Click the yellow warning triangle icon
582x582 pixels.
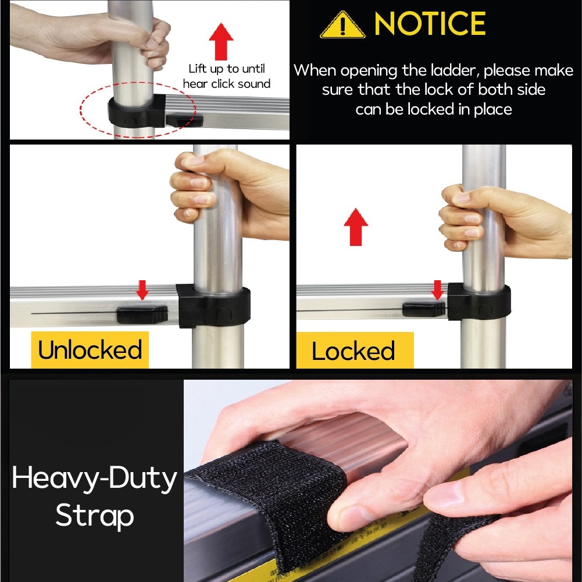tap(342, 25)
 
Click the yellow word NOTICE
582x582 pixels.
tap(430, 23)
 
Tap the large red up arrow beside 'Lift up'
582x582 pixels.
tap(221, 42)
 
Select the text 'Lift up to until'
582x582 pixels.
tap(227, 69)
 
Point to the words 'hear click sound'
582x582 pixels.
tap(226, 84)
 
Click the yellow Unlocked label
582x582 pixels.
tap(90, 349)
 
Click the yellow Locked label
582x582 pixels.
tap(355, 351)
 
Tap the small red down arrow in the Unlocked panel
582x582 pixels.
tap(142, 290)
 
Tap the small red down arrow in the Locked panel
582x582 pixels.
tap(437, 290)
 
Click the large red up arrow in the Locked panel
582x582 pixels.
tap(356, 227)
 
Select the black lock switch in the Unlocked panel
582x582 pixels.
tap(142, 315)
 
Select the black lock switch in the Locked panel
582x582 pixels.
tap(424, 309)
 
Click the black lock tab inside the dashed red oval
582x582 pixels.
tap(184, 120)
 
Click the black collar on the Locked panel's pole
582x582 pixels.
tap(479, 301)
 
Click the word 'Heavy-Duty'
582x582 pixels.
tap(94, 479)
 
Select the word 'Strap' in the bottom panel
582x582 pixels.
tap(95, 516)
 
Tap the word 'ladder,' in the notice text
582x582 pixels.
tap(454, 70)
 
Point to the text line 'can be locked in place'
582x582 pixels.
tap(434, 109)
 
